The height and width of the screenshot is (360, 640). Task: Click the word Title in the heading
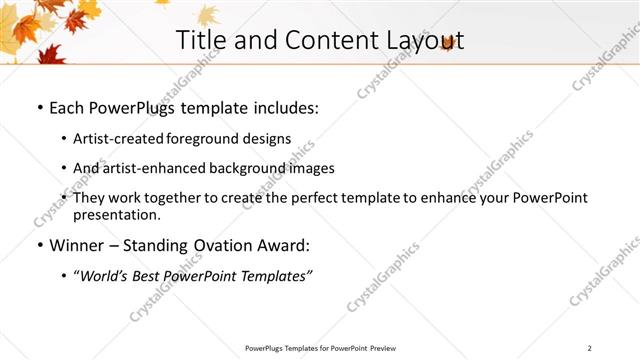point(200,40)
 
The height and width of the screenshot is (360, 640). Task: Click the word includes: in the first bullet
point(286,105)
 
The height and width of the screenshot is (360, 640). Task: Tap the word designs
point(267,138)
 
